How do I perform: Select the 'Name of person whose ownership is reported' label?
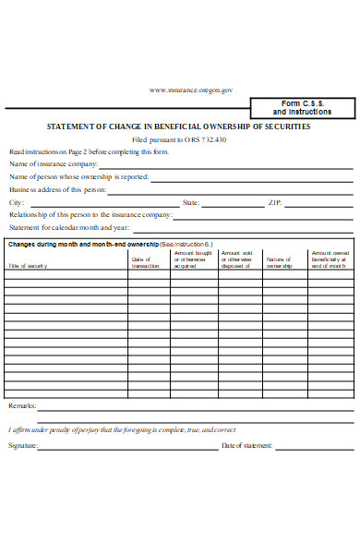(x=78, y=175)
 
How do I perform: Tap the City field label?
(x=17, y=201)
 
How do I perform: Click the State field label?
(x=191, y=201)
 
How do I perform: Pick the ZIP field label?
(x=274, y=201)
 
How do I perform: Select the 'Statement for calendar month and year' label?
(x=68, y=227)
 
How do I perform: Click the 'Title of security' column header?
(x=29, y=266)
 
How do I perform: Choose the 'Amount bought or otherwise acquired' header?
(x=193, y=259)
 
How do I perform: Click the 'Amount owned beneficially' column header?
(x=330, y=259)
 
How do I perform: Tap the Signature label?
(x=23, y=446)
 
